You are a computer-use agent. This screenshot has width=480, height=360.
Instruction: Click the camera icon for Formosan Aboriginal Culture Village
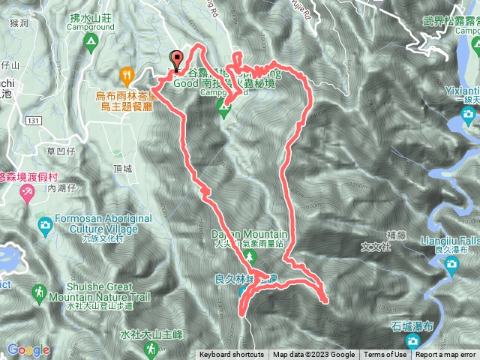tap(45, 224)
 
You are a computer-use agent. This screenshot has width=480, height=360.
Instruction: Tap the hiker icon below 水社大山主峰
tap(152, 348)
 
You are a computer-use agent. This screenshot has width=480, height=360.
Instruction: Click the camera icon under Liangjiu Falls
tap(451, 263)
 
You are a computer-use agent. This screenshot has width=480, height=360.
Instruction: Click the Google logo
tap(28, 349)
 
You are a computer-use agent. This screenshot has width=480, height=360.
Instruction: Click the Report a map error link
tap(445, 355)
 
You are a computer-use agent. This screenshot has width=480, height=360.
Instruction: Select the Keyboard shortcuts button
tap(232, 355)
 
